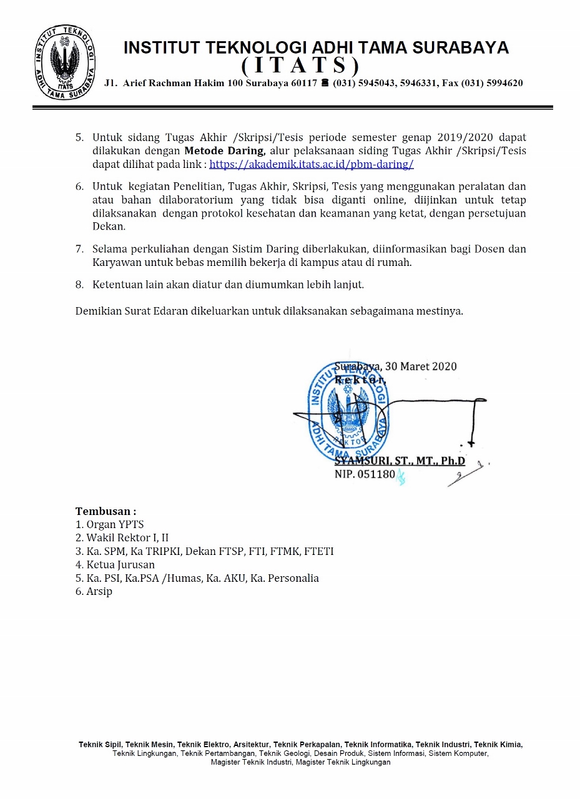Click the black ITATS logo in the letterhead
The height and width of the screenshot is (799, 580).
pos(65,62)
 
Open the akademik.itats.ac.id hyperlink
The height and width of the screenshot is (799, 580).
pos(312,165)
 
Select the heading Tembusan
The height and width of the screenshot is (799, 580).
pos(106,511)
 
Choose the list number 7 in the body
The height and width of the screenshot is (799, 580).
pos(79,249)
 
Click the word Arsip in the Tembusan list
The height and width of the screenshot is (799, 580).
pos(99,591)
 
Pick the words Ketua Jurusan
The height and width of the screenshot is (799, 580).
pos(120,564)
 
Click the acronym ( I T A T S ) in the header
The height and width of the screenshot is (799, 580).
pos(300,65)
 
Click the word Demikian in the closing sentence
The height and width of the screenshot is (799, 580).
pos(97,311)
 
